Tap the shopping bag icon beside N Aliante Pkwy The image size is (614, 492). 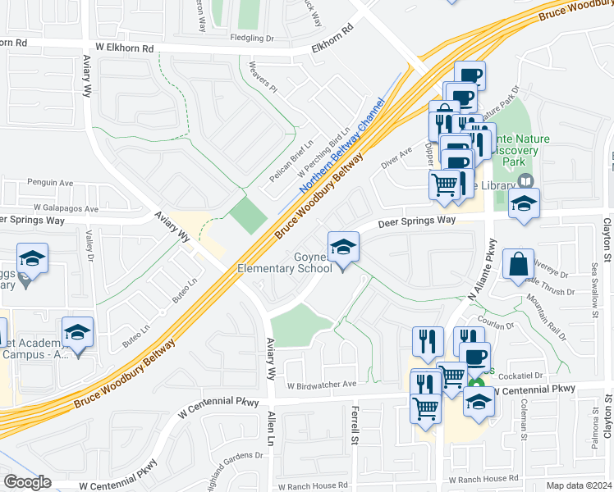[x=519, y=265]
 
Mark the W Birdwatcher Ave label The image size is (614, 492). [x=322, y=384]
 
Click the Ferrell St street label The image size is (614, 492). [x=355, y=421]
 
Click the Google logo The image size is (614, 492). [x=27, y=482]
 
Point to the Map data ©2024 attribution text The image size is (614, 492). [x=580, y=485]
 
